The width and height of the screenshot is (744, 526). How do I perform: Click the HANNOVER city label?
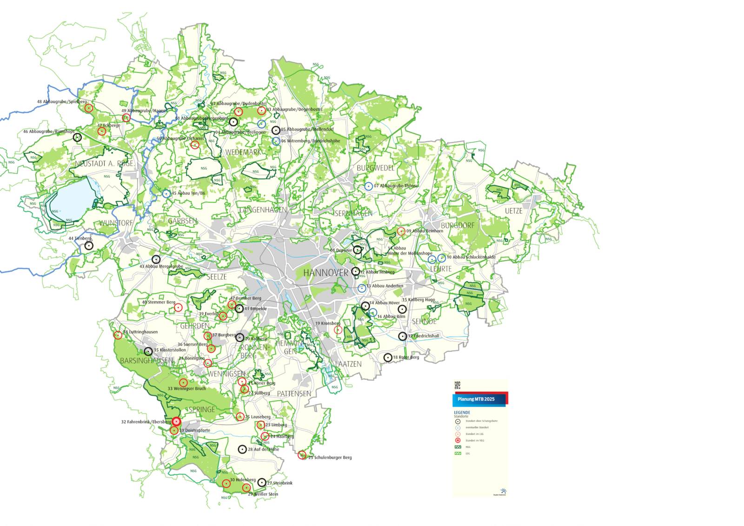click(325, 273)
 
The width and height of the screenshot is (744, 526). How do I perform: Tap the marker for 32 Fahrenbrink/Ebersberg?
click(176, 421)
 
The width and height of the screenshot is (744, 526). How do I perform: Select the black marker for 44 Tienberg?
click(89, 245)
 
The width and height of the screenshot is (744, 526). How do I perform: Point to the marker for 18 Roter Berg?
click(388, 357)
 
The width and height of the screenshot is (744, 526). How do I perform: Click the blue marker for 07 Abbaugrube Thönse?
click(369, 186)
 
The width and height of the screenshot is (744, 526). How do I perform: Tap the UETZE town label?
click(513, 211)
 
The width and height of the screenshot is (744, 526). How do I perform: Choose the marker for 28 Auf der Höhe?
click(242, 449)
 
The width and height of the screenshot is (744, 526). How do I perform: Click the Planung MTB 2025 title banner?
click(476, 399)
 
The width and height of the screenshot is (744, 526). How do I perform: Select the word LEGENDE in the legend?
click(462, 413)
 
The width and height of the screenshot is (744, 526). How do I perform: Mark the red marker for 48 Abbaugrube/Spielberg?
click(89, 108)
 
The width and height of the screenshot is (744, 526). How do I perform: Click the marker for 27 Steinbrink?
click(262, 483)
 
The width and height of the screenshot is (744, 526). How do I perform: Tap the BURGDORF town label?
click(458, 225)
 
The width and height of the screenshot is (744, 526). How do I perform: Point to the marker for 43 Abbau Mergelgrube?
click(156, 259)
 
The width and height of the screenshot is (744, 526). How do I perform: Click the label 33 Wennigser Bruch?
click(186, 388)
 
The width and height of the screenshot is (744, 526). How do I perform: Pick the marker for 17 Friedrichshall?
click(402, 336)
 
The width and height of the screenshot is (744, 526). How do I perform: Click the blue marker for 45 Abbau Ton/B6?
click(166, 193)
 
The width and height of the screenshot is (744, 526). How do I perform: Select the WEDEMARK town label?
click(243, 152)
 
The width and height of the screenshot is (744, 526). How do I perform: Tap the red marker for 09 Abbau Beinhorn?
click(401, 231)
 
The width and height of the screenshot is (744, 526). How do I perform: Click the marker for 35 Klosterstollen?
click(148, 351)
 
